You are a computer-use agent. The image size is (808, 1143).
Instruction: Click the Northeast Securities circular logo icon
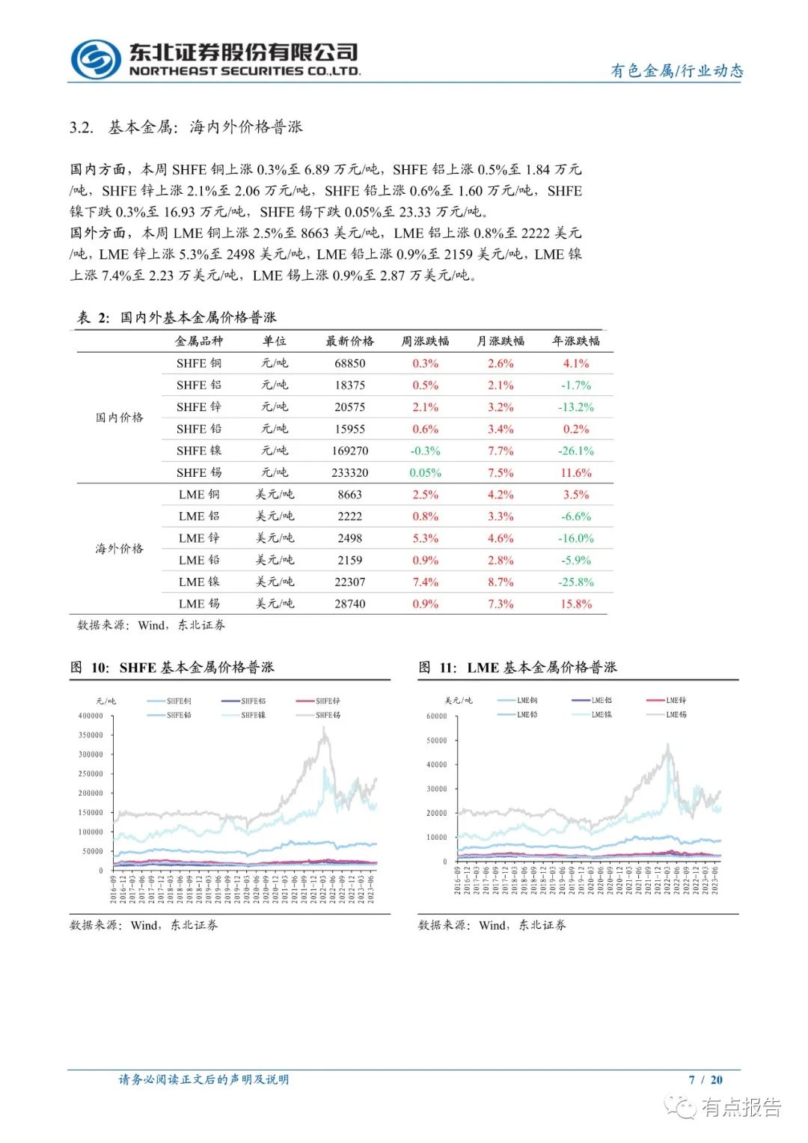(x=95, y=59)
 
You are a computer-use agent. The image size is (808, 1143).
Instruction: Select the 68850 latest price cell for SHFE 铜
(x=349, y=363)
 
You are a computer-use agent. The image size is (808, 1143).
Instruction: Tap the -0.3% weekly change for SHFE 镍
(x=425, y=451)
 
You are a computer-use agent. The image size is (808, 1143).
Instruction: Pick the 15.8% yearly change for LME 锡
(x=576, y=604)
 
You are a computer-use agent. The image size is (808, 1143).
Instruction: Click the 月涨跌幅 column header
(x=501, y=341)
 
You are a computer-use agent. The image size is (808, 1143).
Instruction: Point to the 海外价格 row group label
(x=119, y=549)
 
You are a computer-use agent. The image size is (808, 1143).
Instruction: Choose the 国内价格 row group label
(x=119, y=418)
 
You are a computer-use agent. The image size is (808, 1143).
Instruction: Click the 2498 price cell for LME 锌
(x=349, y=538)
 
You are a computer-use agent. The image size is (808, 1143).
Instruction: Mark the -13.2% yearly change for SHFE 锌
(x=576, y=407)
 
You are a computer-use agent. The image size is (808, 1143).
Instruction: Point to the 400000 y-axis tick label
(x=91, y=716)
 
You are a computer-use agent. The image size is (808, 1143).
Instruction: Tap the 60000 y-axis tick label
(x=436, y=716)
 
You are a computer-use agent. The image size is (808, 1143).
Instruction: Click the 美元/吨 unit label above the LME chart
(x=459, y=701)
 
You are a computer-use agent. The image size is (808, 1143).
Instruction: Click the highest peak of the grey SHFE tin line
(x=325, y=728)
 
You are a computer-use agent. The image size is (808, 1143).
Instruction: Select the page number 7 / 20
(x=706, y=1079)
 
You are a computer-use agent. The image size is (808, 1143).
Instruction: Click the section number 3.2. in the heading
(x=82, y=127)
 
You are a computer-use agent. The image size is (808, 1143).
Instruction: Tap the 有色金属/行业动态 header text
(x=677, y=71)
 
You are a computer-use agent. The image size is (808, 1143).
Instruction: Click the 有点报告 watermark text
(x=741, y=1106)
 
